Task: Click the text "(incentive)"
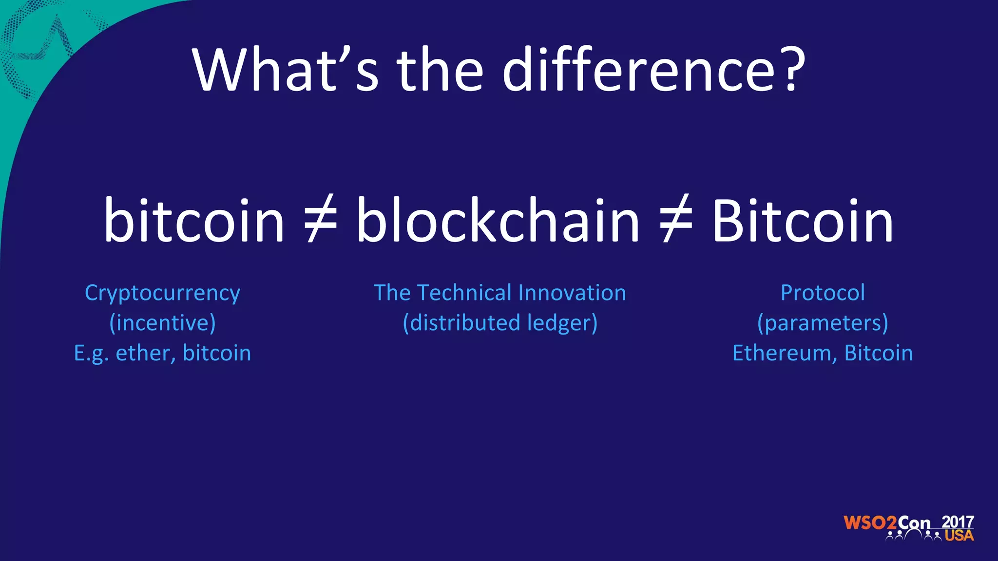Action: coord(162,323)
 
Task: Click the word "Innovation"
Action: coord(572,293)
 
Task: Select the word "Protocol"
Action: coord(823,293)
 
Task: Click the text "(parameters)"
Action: coord(823,323)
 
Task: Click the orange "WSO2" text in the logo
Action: coord(870,523)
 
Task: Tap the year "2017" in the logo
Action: coord(958,522)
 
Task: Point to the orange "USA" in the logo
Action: coord(959,536)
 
